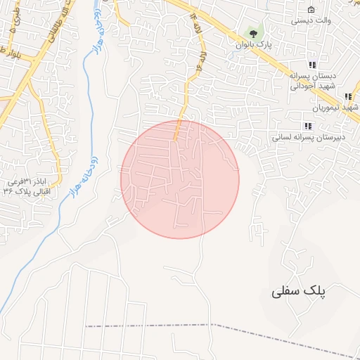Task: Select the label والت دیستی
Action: (x=311, y=21)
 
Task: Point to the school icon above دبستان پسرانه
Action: (x=311, y=65)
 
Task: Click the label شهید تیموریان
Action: (x=337, y=108)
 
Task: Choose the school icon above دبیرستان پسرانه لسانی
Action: (x=307, y=126)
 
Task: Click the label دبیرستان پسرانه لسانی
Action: (x=307, y=137)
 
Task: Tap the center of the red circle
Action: (x=180, y=179)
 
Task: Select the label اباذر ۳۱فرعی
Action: (x=28, y=181)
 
